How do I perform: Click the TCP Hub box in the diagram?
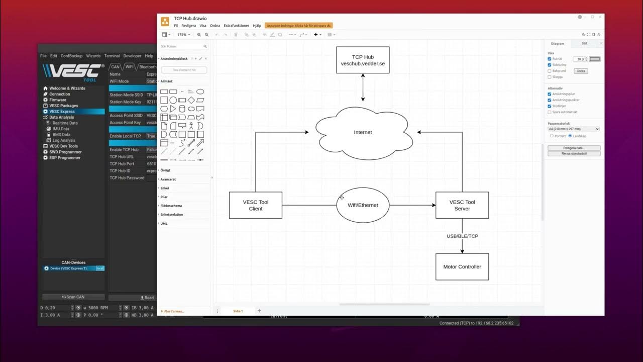point(363,60)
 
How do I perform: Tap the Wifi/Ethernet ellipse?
point(363,205)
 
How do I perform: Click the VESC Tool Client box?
point(256,205)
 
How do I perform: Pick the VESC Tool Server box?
point(462,205)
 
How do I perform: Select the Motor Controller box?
point(462,267)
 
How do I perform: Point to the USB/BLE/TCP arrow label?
point(462,236)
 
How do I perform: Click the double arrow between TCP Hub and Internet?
point(363,88)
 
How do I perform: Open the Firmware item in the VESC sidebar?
point(58,100)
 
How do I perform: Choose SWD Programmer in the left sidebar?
point(65,152)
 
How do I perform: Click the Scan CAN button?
point(73,297)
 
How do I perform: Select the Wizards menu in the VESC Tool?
point(93,56)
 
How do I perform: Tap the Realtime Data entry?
point(65,123)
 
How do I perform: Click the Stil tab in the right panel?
point(584,44)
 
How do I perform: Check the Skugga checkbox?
point(550,77)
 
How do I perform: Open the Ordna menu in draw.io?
point(215,26)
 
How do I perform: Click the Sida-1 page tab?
point(238,311)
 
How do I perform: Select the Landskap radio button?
point(570,136)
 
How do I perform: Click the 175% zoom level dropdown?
point(183,35)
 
